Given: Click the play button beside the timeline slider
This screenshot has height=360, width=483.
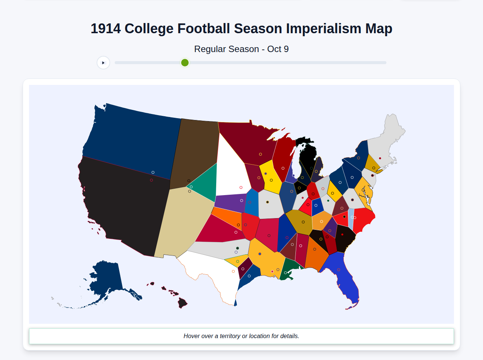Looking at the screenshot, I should (x=103, y=63).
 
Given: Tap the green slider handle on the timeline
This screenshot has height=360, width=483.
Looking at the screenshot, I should (x=185, y=63).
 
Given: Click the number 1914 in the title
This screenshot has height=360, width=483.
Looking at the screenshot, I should (x=106, y=29).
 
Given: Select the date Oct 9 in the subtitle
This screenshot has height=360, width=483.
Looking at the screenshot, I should (x=278, y=49).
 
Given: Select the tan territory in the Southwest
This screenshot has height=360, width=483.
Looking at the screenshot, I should (x=181, y=223).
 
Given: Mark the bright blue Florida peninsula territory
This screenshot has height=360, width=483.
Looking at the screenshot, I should (x=341, y=275).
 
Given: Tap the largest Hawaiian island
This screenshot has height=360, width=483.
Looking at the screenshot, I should (x=183, y=303).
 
